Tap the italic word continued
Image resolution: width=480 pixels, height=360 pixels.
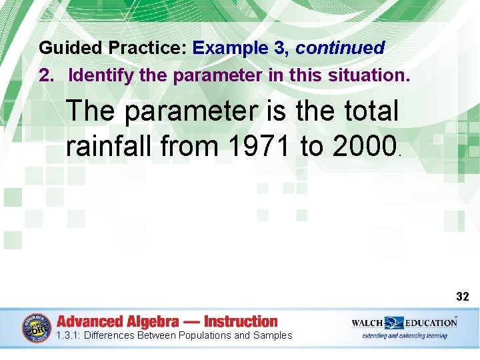coord(340,49)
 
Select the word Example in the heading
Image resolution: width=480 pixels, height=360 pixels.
coord(226,49)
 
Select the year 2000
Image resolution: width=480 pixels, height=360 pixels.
coord(363,145)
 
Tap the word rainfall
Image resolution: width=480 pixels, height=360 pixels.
coord(109,145)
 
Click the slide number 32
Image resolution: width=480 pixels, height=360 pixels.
coord(463,296)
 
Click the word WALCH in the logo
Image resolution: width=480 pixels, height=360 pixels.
coord(367,323)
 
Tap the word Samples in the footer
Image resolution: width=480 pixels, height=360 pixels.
coord(272,335)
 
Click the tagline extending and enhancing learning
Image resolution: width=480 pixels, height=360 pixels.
coord(405,335)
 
